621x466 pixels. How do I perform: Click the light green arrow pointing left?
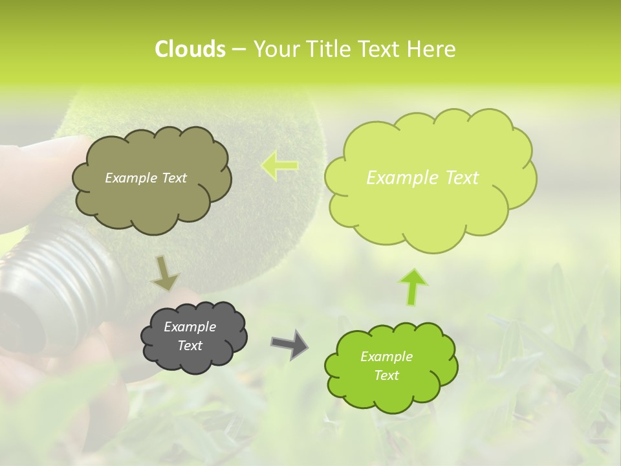[x=279, y=165]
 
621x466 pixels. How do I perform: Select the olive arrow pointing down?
[x=165, y=272]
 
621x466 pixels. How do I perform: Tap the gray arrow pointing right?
[x=289, y=344]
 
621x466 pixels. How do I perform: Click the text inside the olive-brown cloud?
[x=146, y=178]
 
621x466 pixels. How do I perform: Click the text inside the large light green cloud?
[x=422, y=178]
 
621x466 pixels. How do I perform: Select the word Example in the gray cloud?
[x=190, y=327]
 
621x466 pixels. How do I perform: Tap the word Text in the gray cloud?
[x=190, y=346]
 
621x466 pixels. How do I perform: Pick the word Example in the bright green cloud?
[x=386, y=357]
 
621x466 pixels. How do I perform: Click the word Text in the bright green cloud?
[x=386, y=375]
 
